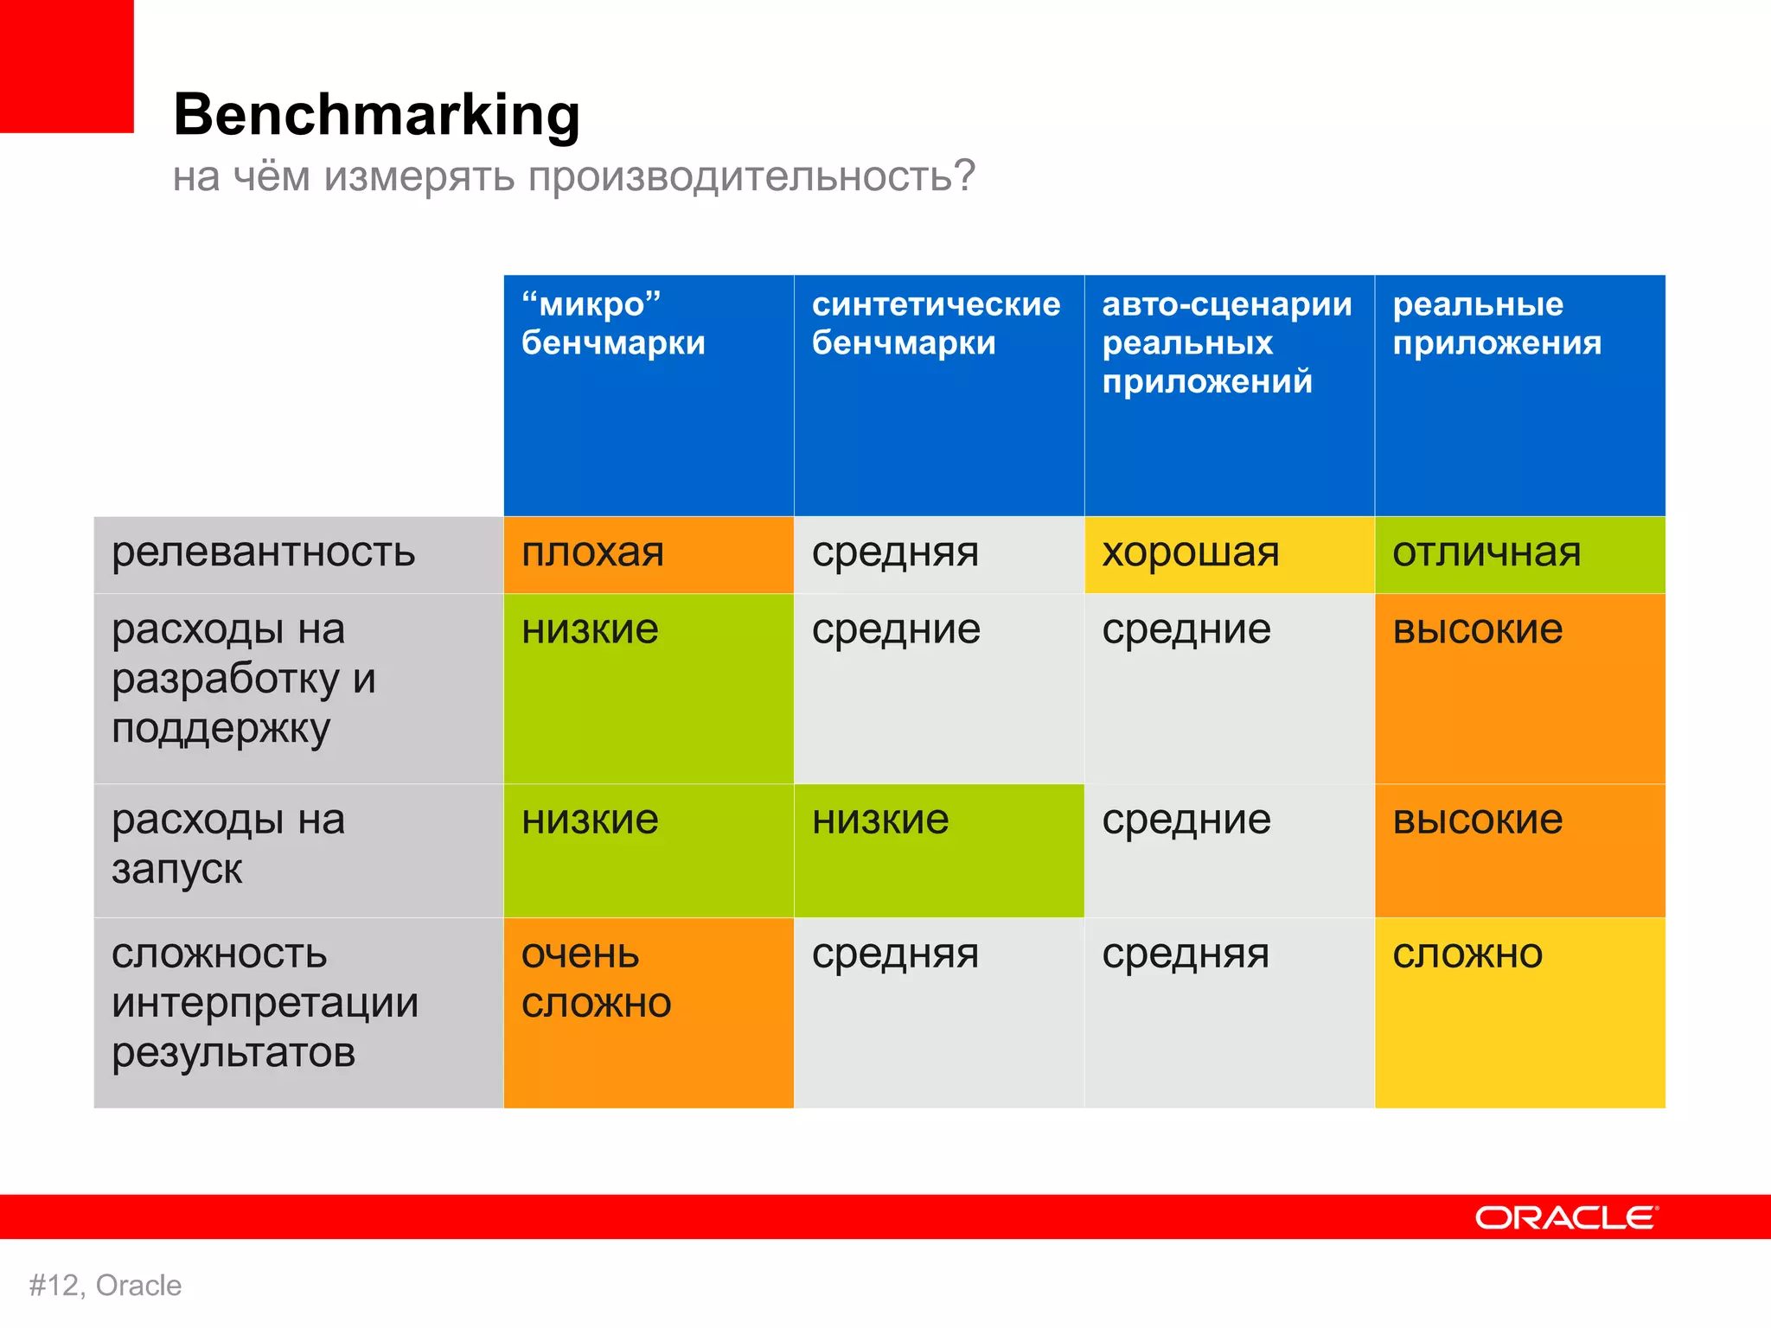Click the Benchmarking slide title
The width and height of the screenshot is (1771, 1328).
tap(376, 115)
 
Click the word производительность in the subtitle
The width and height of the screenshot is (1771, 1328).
tap(751, 176)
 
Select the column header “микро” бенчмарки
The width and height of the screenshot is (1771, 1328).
tap(613, 323)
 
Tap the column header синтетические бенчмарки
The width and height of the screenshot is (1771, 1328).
tap(936, 323)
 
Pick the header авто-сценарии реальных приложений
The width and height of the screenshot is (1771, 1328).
tap(1226, 342)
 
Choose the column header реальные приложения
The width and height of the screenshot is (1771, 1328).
tap(1496, 323)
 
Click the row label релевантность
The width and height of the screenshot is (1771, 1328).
tap(264, 552)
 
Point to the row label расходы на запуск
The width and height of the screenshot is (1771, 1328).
tap(228, 844)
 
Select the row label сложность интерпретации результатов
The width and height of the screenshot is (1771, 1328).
tap(264, 1003)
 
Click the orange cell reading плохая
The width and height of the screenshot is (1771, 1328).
tap(593, 552)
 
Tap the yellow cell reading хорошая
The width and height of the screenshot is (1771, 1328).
tap(1190, 552)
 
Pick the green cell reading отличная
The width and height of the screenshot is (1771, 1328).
tap(1486, 552)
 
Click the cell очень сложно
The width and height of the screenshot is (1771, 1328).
tap(597, 979)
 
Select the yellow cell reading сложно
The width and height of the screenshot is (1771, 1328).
tap(1467, 954)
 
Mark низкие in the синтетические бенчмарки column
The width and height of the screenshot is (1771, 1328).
tap(880, 820)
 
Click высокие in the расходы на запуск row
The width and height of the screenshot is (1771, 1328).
tap(1477, 820)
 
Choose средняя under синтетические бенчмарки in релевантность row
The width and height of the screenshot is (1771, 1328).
tap(895, 552)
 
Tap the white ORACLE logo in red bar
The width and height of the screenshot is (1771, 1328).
tap(1566, 1217)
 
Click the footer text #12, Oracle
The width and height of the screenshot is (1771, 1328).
tap(105, 1286)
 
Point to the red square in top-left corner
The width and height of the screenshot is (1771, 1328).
tap(67, 67)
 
